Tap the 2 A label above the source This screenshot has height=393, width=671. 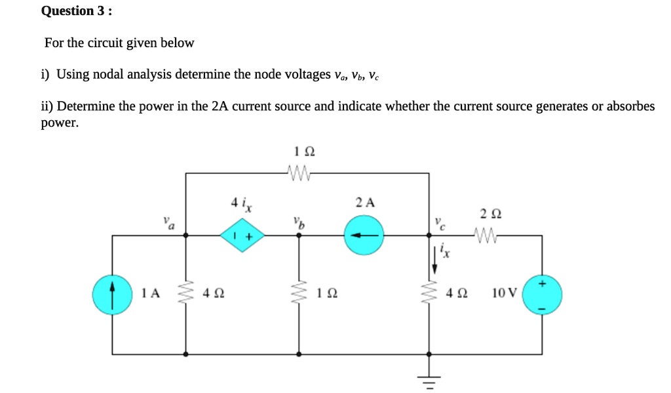point(365,202)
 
